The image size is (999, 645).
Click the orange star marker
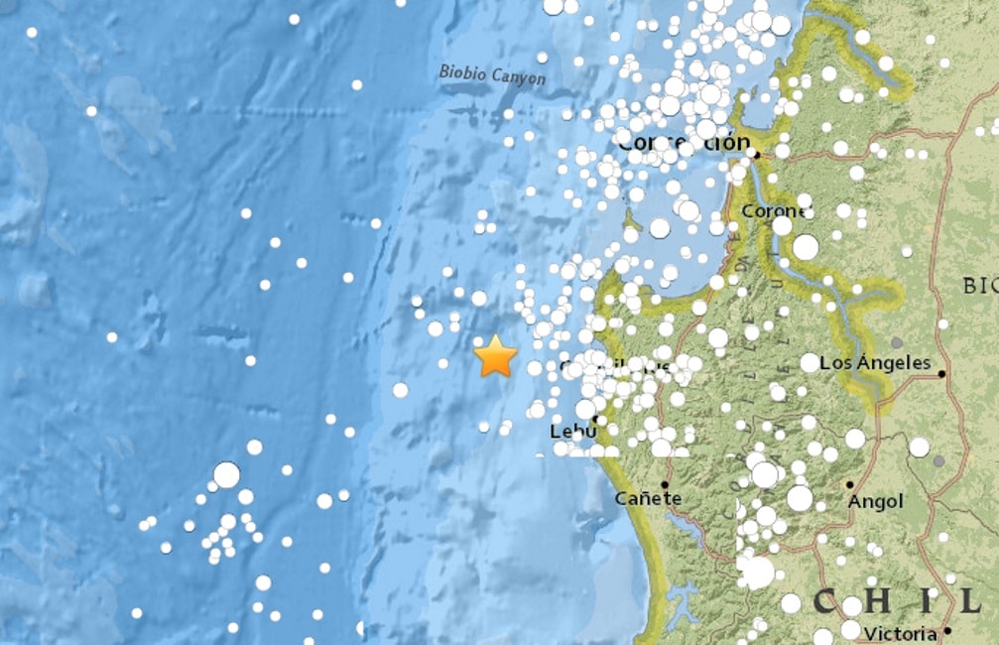click(495, 356)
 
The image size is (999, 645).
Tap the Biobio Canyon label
click(492, 74)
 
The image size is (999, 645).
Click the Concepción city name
click(683, 144)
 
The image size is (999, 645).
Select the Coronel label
click(776, 210)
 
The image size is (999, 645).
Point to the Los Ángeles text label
click(876, 362)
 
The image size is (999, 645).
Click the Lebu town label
click(569, 432)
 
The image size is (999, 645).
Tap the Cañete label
click(648, 498)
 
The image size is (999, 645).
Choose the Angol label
click(875, 502)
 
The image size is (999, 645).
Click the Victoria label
click(900, 632)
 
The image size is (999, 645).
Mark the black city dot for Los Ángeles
click(941, 374)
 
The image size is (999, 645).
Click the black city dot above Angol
click(849, 484)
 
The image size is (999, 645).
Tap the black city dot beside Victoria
click(948, 631)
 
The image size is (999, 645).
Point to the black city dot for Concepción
click(755, 155)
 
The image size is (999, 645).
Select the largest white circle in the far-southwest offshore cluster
click(227, 475)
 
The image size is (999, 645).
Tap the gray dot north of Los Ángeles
click(897, 342)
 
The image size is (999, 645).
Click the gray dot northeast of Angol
click(938, 461)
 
